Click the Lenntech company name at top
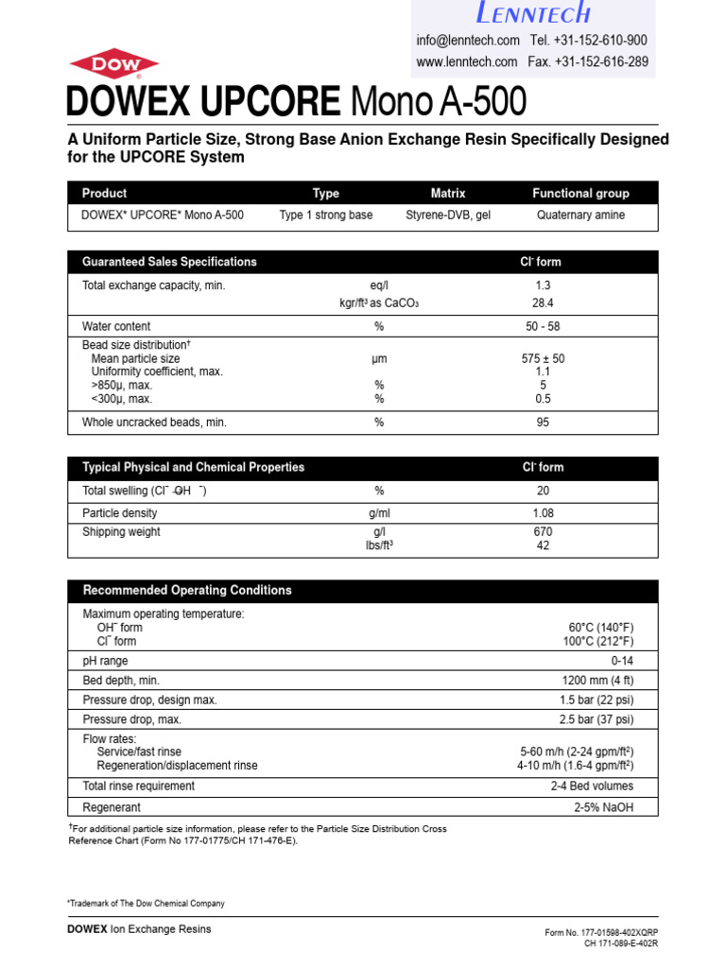click(534, 13)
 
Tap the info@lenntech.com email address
click(468, 41)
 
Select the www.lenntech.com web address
click(467, 62)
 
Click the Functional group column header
click(580, 193)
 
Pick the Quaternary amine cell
click(580, 216)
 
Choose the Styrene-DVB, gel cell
click(448, 216)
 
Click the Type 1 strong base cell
click(326, 216)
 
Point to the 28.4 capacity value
click(543, 303)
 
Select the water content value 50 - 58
click(543, 326)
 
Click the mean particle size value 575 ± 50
click(543, 359)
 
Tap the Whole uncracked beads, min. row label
click(154, 423)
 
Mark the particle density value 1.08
click(543, 513)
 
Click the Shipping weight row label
click(122, 532)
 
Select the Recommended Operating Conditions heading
click(187, 591)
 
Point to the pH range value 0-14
click(622, 662)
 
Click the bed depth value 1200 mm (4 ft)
click(597, 681)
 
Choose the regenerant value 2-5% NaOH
click(603, 808)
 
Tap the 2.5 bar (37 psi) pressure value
click(596, 720)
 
